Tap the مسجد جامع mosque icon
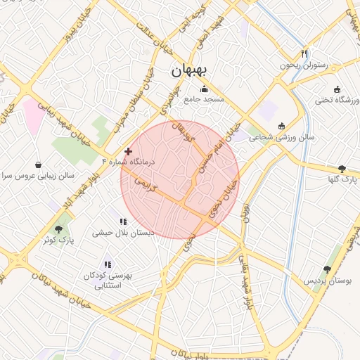pyautogui.click(x=205, y=89)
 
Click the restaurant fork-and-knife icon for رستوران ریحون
pyautogui.click(x=304, y=53)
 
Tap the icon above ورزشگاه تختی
pyautogui.click(x=337, y=89)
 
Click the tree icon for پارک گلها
pyautogui.click(x=342, y=169)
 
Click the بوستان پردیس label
pyautogui.click(x=327, y=281)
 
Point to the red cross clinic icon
pyautogui.click(x=127, y=151)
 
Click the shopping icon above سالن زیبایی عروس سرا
pyautogui.click(x=37, y=165)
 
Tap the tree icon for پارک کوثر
pyautogui.click(x=58, y=229)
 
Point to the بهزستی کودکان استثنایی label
pyautogui.click(x=108, y=281)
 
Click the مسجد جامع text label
pyautogui.click(x=204, y=100)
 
